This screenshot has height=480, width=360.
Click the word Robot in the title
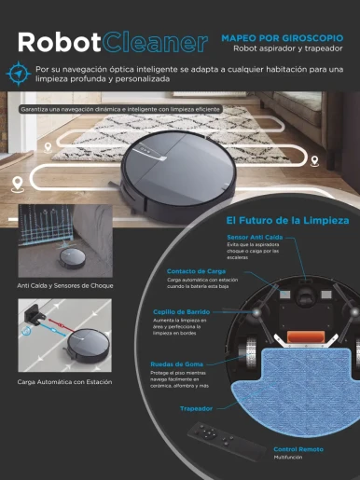60,43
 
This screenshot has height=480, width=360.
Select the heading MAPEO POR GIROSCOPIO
287,37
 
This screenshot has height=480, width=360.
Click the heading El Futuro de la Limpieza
287,221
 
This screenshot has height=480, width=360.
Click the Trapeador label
197,408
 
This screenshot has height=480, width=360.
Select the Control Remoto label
299,449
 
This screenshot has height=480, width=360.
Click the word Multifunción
289,458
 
